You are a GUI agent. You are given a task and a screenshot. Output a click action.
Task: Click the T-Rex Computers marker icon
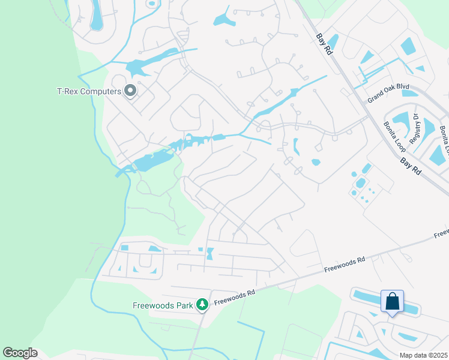(130, 91)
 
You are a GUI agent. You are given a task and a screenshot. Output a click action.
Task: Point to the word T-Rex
(68, 91)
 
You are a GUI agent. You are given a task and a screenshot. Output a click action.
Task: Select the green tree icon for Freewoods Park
(203, 305)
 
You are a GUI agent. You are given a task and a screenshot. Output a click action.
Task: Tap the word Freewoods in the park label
(152, 305)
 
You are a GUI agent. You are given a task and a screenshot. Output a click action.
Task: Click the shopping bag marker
(392, 301)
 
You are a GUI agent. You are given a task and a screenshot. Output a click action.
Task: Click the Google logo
(20, 353)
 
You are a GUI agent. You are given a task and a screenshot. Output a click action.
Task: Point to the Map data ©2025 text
(423, 355)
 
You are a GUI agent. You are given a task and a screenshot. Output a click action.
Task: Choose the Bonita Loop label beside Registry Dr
(393, 137)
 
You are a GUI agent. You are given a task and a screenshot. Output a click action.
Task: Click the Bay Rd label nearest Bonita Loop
(411, 163)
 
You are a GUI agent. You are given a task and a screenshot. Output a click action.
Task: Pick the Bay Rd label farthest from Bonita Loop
(323, 44)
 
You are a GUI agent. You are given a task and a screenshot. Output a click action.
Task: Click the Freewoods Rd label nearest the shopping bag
(345, 265)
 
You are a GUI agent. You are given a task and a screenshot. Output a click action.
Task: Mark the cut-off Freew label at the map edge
(441, 232)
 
